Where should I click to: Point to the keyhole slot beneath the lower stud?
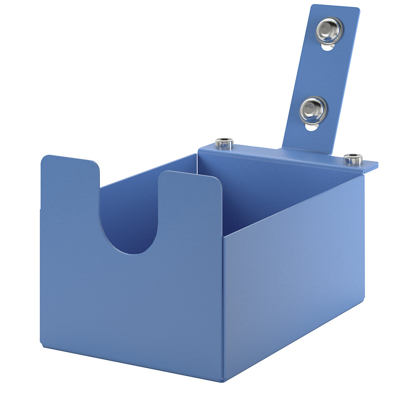pos(312,127)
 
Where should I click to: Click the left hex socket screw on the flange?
pos(224,143)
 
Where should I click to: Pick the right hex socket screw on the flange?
pos(353,159)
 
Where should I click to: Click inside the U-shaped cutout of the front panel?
pos(129,219)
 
